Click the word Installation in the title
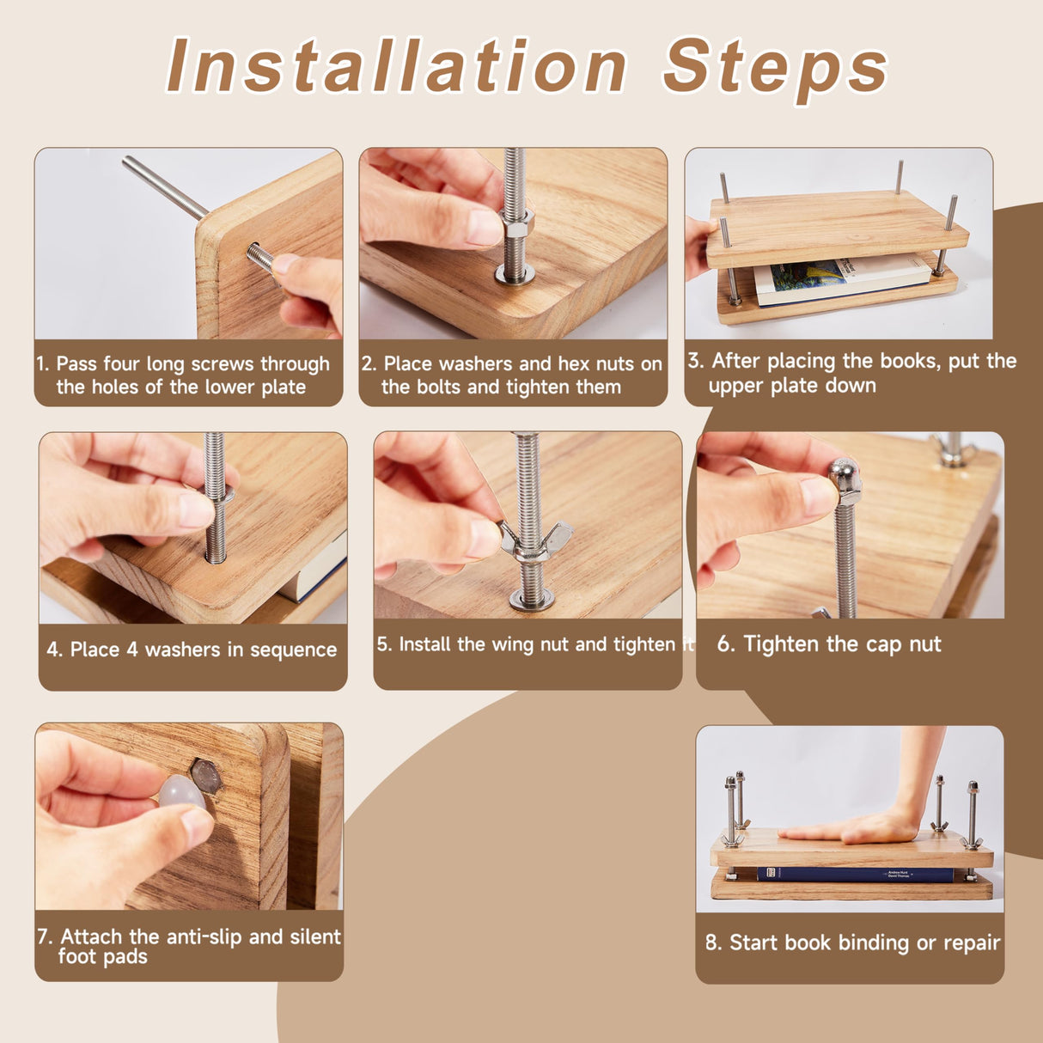(x=396, y=66)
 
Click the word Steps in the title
(x=775, y=70)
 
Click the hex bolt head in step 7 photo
(x=207, y=778)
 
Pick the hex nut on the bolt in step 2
(x=516, y=222)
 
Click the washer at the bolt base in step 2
(x=514, y=275)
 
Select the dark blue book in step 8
(x=855, y=874)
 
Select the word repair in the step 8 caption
(x=972, y=942)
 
